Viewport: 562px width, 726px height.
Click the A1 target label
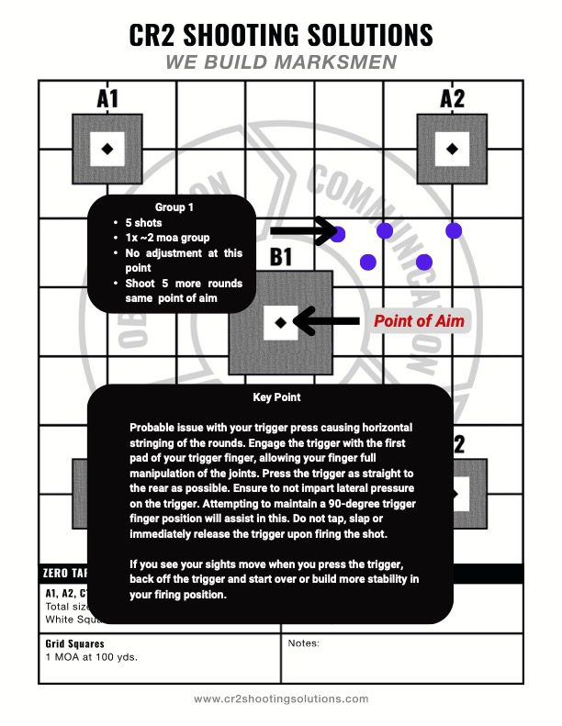107,98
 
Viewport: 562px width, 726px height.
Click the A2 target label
452,98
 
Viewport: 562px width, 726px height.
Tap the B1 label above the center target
281,258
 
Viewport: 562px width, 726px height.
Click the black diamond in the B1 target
280,321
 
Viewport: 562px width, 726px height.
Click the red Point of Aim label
418,321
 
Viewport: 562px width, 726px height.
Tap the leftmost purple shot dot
338,234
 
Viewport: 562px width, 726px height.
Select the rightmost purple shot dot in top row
452,229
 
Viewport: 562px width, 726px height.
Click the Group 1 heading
174,207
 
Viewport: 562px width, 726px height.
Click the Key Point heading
276,397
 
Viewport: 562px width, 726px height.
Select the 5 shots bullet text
144,222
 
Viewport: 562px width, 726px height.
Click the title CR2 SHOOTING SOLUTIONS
281,35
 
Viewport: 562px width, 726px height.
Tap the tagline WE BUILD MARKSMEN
281,62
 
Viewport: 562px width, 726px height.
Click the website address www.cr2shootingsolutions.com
281,698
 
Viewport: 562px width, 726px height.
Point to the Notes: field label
303,643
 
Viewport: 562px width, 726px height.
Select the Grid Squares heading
74,644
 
